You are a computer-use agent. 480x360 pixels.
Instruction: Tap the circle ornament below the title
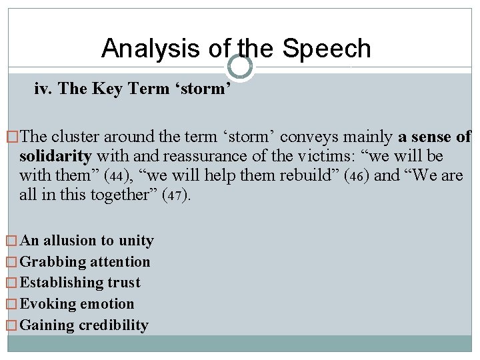(240, 67)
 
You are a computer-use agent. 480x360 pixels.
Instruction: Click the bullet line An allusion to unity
(87, 241)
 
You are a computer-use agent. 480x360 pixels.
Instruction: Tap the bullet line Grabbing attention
(85, 262)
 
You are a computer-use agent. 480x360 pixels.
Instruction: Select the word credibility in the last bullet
(113, 325)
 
